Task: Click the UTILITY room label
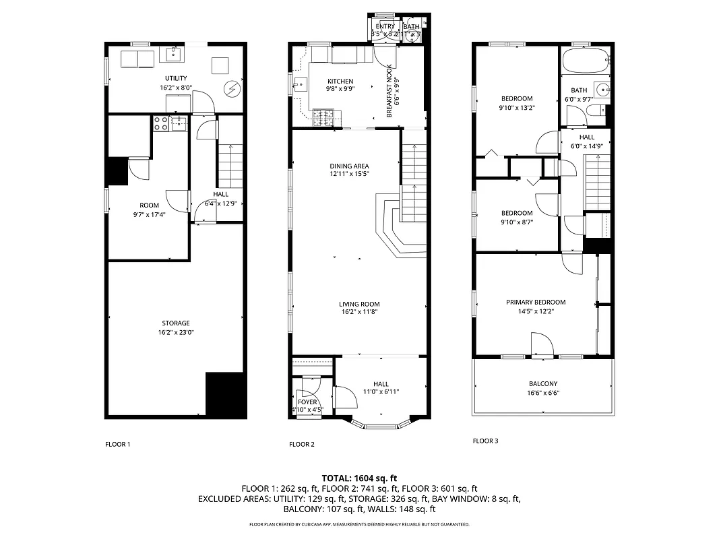(x=176, y=79)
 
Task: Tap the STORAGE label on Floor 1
(x=175, y=323)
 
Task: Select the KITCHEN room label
(x=340, y=82)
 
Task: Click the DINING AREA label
(x=349, y=166)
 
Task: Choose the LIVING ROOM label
(x=359, y=304)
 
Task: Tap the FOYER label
(x=307, y=402)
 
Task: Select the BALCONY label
(x=542, y=384)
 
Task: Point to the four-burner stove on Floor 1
(x=162, y=123)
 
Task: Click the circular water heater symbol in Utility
(x=232, y=88)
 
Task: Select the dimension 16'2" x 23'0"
(x=175, y=332)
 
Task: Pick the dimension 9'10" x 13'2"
(x=516, y=107)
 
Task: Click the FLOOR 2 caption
(x=301, y=444)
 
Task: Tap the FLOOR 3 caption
(x=485, y=441)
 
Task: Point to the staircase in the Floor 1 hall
(x=230, y=166)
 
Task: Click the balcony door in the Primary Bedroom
(x=542, y=346)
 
